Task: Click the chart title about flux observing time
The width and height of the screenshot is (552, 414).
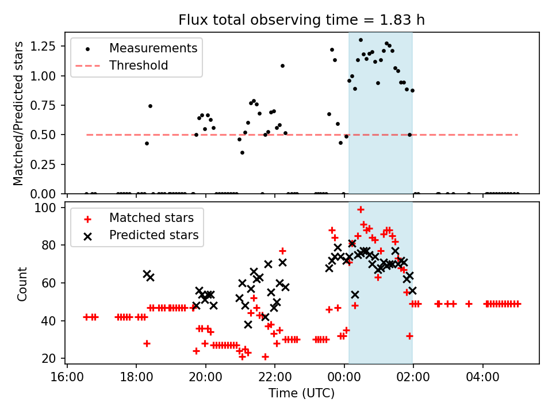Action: pos(302,20)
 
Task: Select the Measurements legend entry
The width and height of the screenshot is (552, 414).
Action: pos(153,48)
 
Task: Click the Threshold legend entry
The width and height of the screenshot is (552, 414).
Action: pos(139,66)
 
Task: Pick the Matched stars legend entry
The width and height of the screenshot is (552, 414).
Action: pos(152,218)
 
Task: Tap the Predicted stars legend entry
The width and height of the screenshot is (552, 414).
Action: pos(154,235)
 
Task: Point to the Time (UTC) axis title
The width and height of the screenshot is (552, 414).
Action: pos(302,393)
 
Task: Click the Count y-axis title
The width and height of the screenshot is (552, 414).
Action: pos(22,283)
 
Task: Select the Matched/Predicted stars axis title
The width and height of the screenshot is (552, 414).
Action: pos(18,113)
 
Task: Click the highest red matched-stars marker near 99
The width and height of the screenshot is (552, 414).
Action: pos(361,210)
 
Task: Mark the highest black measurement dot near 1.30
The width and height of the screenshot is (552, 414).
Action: pos(361,40)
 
